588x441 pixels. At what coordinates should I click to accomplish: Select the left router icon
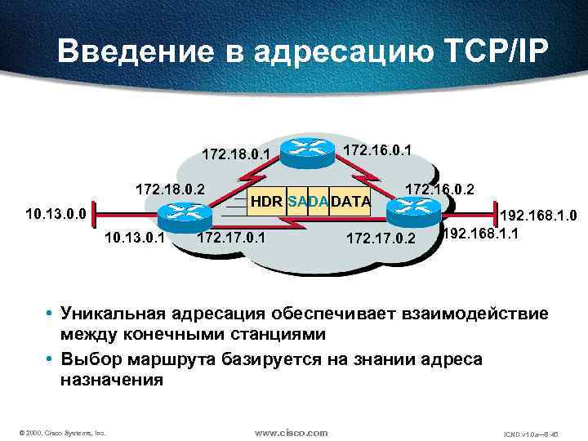(x=182, y=215)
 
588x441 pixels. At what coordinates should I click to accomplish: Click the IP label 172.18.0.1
(x=235, y=152)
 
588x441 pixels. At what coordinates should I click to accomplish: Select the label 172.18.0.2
(x=170, y=190)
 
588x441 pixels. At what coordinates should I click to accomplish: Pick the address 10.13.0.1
(x=136, y=238)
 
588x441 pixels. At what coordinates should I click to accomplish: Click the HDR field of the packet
(x=267, y=202)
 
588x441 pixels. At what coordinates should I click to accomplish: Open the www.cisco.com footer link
(x=292, y=432)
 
